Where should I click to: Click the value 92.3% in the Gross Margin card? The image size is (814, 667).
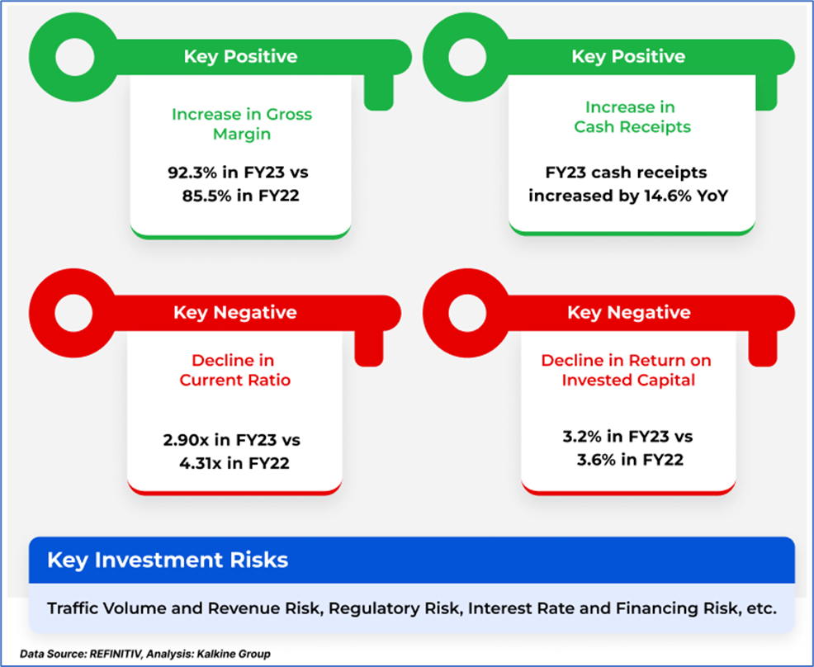(x=188, y=175)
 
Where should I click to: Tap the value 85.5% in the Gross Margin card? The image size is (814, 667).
(x=205, y=197)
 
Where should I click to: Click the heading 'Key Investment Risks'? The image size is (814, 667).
(x=168, y=561)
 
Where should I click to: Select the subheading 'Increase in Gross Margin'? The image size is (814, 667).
(x=241, y=124)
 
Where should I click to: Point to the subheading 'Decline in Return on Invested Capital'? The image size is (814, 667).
(x=627, y=370)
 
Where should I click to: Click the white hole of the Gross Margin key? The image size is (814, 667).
(x=78, y=57)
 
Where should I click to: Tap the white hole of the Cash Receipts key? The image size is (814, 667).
(x=470, y=57)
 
